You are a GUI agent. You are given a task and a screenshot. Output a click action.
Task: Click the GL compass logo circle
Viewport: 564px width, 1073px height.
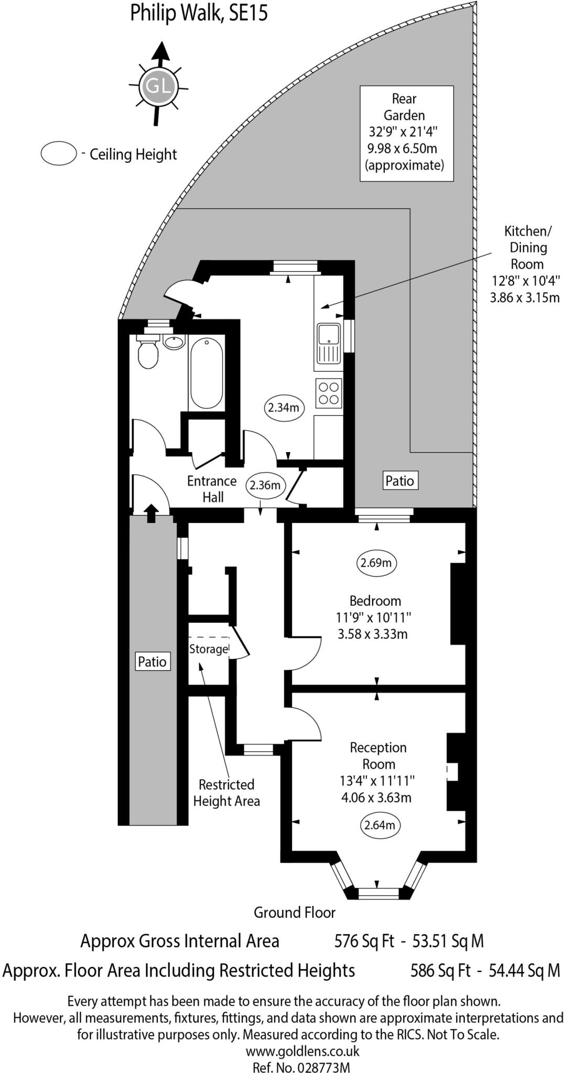(x=159, y=85)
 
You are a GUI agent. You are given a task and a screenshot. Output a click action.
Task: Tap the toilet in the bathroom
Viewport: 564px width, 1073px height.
(x=148, y=352)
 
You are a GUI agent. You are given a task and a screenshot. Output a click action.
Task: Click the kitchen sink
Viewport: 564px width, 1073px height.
(x=329, y=343)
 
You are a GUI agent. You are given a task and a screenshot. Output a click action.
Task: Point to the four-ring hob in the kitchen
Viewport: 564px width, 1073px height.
(x=329, y=393)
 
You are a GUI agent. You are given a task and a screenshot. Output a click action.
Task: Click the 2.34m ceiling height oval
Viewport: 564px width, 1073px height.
(x=284, y=407)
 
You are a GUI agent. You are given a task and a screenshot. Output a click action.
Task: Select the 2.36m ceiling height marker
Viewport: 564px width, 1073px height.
(x=265, y=485)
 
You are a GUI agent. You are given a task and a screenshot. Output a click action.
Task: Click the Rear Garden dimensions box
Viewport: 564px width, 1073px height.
(x=406, y=133)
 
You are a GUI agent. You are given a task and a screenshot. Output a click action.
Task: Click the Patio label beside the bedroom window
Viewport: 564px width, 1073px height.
(x=399, y=480)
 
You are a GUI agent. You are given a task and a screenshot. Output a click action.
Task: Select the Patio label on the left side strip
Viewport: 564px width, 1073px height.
(x=152, y=662)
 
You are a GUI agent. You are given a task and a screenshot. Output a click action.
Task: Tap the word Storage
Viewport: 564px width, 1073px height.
(x=209, y=649)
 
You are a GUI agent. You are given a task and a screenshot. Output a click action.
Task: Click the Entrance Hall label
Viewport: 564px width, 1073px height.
(x=212, y=489)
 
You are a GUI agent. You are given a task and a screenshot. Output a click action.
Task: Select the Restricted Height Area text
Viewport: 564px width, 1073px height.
(x=226, y=792)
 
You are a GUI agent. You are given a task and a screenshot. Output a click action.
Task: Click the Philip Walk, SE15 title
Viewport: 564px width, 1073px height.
(x=199, y=13)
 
